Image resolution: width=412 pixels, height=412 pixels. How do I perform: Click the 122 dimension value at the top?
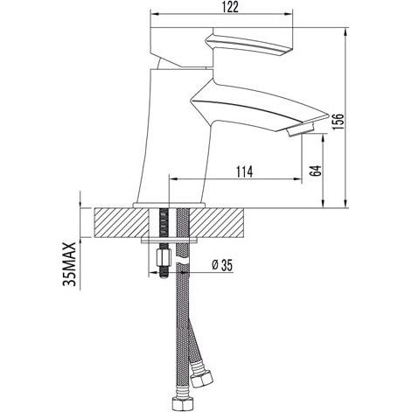[x=231, y=7]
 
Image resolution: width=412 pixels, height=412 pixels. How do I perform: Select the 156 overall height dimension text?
[x=339, y=122]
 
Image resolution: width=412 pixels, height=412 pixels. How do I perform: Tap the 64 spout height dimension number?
[x=315, y=171]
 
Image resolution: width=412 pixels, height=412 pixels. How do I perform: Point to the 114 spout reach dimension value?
[x=244, y=172]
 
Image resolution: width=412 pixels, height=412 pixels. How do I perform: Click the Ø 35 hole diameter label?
[x=222, y=265]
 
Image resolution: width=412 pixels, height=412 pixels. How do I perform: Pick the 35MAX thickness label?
[x=69, y=264]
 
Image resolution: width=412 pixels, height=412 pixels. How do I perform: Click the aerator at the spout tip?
[x=301, y=129]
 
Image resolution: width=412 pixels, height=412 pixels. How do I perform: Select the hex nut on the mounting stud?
[x=164, y=258]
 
